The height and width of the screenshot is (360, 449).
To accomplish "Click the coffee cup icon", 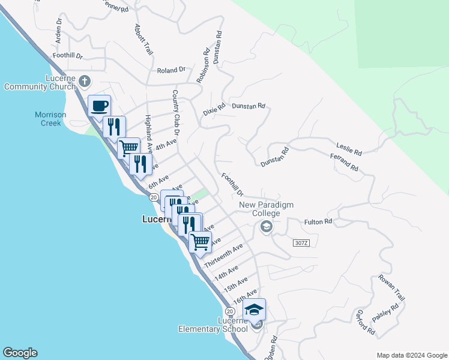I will pyautogui.click(x=100, y=106).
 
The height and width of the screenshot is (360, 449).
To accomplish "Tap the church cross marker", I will pyautogui.click(x=85, y=80).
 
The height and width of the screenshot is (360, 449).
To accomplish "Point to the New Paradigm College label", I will pyautogui.click(x=266, y=209).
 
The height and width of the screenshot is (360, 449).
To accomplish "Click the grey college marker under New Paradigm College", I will pyautogui.click(x=266, y=227).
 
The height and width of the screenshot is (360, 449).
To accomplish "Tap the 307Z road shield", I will pyautogui.click(x=301, y=242).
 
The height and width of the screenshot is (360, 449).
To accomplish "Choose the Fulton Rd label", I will pyautogui.click(x=318, y=221).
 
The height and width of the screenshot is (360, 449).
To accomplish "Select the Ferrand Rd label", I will pyautogui.click(x=344, y=162).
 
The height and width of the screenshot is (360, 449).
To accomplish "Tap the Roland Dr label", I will pyautogui.click(x=171, y=71).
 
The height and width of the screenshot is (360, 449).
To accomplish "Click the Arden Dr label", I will pyautogui.click(x=59, y=29).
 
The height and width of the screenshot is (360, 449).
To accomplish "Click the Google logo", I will pyautogui.click(x=20, y=353).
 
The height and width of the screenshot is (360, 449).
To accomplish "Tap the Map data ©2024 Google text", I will pyautogui.click(x=411, y=355).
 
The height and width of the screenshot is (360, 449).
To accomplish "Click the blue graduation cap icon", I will pyautogui.click(x=255, y=310).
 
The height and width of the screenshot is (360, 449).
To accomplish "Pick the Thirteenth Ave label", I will pyautogui.click(x=223, y=256).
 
